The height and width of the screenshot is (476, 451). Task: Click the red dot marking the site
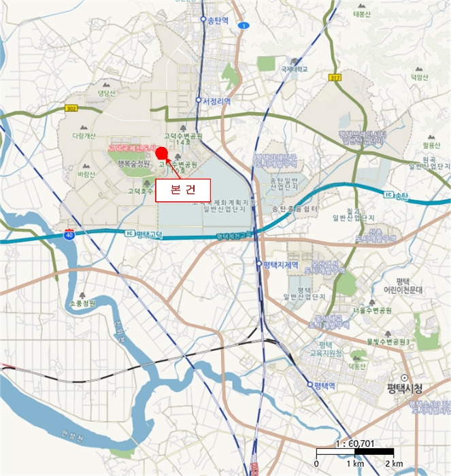coord(162,150)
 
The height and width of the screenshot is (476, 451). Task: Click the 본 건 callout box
coord(182,190)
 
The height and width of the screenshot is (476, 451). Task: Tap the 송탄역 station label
coord(218,20)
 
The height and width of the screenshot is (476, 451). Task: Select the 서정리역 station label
coord(216,101)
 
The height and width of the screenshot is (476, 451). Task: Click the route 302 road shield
coord(72,107)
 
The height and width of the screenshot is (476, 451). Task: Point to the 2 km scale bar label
coord(394,464)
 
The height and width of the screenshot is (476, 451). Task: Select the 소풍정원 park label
coord(83,303)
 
